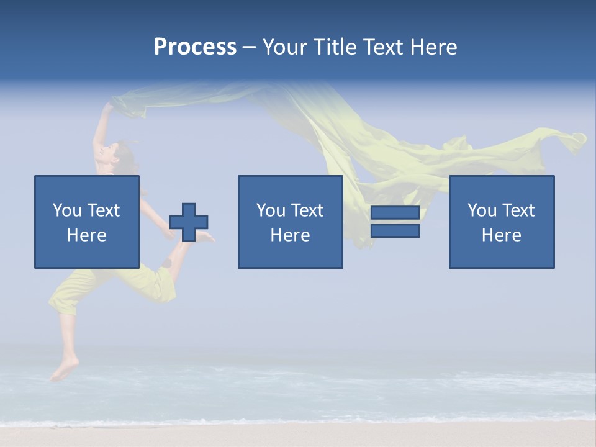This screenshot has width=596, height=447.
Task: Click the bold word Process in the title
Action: [195, 47]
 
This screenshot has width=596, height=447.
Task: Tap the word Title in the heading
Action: [335, 47]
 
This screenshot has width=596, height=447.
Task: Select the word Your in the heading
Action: [286, 47]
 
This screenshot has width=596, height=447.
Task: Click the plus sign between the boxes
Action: [189, 222]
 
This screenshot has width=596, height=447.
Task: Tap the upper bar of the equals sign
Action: [395, 213]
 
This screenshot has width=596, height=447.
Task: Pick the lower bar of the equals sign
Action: [395, 230]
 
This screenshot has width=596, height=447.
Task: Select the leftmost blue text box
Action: [87, 222]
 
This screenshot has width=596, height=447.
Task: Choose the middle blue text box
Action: [291, 222]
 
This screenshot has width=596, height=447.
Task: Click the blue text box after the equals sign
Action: [502, 222]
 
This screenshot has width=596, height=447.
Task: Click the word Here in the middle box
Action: [291, 235]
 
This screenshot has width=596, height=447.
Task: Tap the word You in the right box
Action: [482, 210]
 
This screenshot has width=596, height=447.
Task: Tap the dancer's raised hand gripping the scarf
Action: [109, 107]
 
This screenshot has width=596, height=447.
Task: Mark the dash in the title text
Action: [249, 48]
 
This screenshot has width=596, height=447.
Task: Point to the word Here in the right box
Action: [502, 235]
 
